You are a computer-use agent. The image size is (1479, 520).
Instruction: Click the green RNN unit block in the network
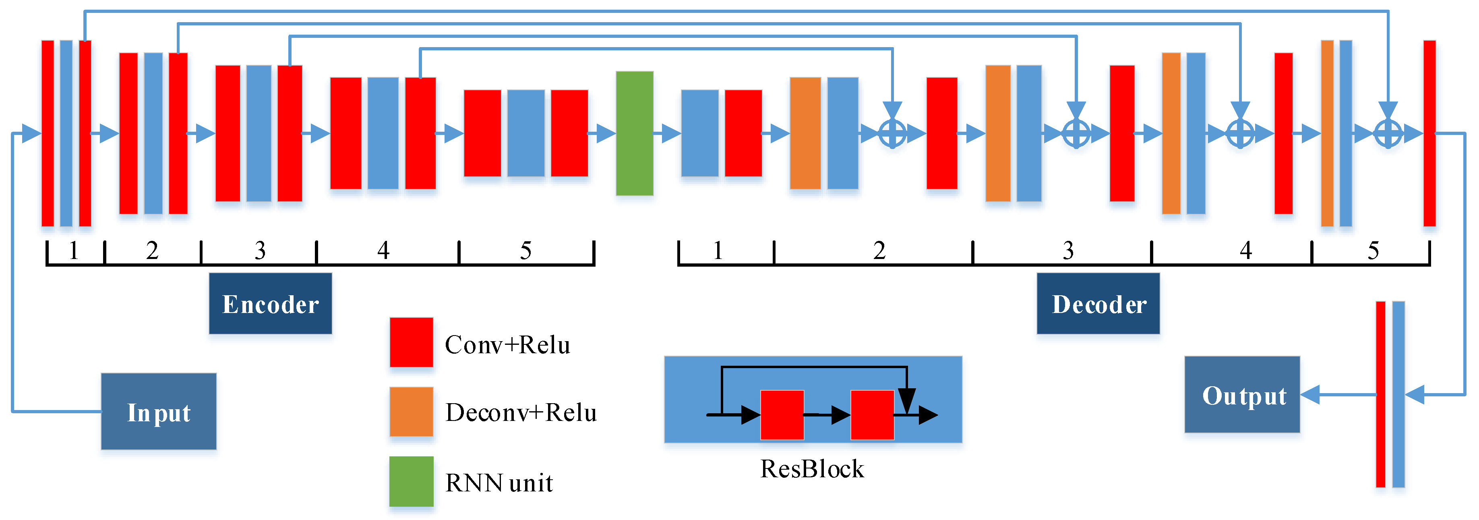tap(635, 133)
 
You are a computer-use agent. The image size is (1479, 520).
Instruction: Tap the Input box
tap(159, 411)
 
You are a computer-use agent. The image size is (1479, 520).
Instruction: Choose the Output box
tap(1242, 395)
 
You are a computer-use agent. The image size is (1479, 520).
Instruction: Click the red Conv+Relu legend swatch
tap(411, 342)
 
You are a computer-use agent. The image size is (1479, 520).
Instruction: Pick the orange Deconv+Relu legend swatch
tap(411, 411)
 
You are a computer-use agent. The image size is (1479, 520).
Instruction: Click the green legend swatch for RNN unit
tap(411, 481)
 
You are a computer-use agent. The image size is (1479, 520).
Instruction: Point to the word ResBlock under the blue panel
tap(812, 469)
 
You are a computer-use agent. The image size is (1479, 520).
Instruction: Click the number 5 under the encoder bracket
tap(525, 251)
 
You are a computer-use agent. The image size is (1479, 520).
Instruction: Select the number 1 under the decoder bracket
tap(718, 251)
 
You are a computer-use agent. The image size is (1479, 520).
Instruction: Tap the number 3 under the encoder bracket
tap(260, 251)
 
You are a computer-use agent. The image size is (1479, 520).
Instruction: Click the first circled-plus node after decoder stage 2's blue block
tap(892, 134)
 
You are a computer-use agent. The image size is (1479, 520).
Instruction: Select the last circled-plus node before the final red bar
tap(1388, 134)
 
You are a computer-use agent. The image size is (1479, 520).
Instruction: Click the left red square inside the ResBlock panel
tap(782, 415)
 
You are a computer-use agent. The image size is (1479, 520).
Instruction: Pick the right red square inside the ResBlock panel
tap(872, 415)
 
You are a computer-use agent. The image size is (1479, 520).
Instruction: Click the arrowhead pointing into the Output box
tap(1310, 395)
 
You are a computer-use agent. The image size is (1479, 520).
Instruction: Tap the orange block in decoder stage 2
tap(805, 133)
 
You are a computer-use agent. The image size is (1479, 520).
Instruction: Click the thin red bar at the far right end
tap(1429, 133)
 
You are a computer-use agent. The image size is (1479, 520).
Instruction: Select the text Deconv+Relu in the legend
tap(521, 412)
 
